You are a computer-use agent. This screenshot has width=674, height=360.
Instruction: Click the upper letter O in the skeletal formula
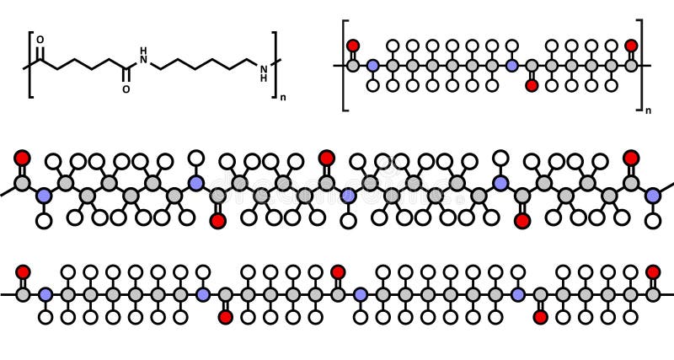tap(40, 40)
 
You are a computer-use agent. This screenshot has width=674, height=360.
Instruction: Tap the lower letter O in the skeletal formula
tap(126, 89)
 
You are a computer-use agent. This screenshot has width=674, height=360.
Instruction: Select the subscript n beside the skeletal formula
tap(283, 98)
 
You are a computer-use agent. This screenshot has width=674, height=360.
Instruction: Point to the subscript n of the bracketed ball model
tap(648, 110)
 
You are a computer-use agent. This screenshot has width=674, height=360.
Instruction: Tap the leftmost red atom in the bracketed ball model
tap(353, 46)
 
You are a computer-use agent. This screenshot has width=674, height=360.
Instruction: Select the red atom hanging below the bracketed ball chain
tap(532, 85)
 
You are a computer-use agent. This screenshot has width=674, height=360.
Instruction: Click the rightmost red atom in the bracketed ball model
tap(631, 46)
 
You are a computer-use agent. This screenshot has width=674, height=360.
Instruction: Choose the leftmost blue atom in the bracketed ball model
tap(372, 65)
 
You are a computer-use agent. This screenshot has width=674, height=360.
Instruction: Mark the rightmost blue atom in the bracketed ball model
tap(511, 65)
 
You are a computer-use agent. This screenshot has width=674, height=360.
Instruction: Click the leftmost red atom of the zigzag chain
tap(22, 158)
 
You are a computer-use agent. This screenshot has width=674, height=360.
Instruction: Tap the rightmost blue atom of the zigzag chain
tap(653, 196)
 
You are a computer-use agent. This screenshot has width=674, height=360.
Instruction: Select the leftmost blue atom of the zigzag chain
tap(44, 196)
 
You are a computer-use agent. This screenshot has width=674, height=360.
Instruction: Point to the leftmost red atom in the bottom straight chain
tap(23, 271)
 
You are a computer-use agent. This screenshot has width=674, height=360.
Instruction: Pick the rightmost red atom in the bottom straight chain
tap(653, 271)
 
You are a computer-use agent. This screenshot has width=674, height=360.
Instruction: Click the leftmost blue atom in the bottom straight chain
tap(45, 294)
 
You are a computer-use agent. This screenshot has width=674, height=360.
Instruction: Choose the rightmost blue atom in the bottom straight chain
tap(518, 294)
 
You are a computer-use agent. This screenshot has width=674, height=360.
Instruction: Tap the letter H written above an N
tap(143, 51)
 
